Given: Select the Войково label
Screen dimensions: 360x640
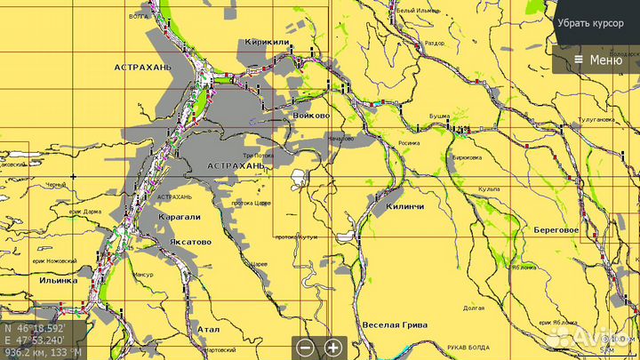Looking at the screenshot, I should (x=311, y=116).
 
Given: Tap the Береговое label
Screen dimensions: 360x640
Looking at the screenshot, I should (x=556, y=229).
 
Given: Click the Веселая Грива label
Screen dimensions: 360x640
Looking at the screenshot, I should (x=396, y=325).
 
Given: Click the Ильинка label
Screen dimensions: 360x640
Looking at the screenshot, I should (x=59, y=280).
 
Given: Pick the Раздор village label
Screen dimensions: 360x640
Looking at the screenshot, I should (x=434, y=42).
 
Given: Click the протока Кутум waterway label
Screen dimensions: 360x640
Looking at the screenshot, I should (x=296, y=237).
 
